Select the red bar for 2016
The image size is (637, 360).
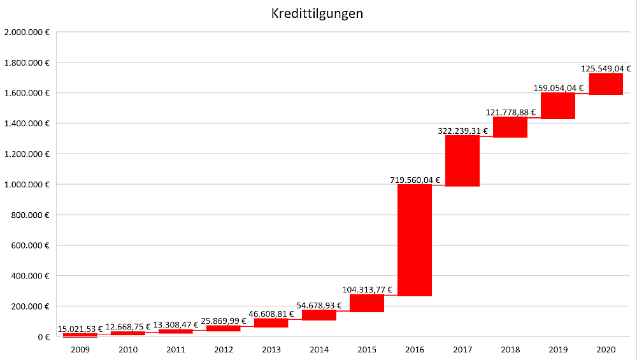(x=415, y=240)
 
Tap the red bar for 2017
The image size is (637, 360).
(x=462, y=161)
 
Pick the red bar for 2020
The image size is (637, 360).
(x=606, y=84)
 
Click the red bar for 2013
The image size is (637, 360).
(x=271, y=322)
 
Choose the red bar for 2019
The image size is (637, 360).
(x=558, y=106)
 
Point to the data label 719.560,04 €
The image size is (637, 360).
(x=415, y=180)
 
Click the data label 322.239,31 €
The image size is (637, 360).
(x=462, y=131)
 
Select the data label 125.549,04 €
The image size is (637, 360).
(x=606, y=69)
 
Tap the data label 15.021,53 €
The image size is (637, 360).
(x=80, y=329)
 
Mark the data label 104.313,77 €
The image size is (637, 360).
(x=367, y=289)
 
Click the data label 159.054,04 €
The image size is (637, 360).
(x=559, y=88)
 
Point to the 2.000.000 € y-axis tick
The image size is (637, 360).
(x=27, y=32)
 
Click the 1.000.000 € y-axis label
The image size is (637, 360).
(x=27, y=184)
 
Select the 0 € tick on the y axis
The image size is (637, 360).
(x=44, y=336)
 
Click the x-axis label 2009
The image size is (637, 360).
(x=80, y=349)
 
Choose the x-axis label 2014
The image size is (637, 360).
(x=319, y=349)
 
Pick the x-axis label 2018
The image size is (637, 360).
(x=510, y=349)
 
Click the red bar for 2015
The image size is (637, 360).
(x=367, y=303)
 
